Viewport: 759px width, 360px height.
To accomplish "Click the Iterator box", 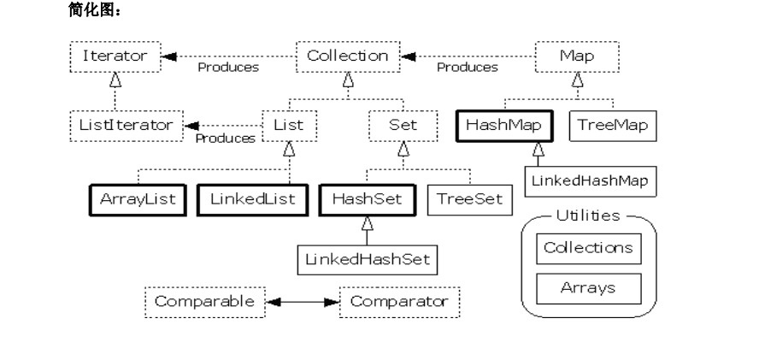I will point(115,57).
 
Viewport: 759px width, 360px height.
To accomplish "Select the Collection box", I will point(347,57).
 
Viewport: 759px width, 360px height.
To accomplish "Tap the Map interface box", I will point(577,57).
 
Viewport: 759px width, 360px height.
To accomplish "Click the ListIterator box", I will point(126,126).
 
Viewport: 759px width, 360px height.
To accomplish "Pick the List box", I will point(288,126).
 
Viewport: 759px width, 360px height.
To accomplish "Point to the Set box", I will point(403,126).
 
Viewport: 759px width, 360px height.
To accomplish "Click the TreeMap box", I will point(612,126).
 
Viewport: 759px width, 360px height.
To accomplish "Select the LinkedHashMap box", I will point(589,180).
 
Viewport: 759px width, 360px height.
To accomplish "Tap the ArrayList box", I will point(137,199).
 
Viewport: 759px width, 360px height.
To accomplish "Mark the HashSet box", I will point(367,199).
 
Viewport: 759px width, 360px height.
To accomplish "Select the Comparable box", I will point(204,302).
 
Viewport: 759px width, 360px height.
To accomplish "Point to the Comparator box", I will point(399,302).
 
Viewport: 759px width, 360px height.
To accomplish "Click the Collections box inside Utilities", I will point(588,249).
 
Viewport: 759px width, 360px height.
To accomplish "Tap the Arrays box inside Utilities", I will point(588,288).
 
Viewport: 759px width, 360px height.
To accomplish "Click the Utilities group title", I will point(588,216).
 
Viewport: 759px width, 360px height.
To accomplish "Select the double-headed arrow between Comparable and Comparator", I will point(303,302).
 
